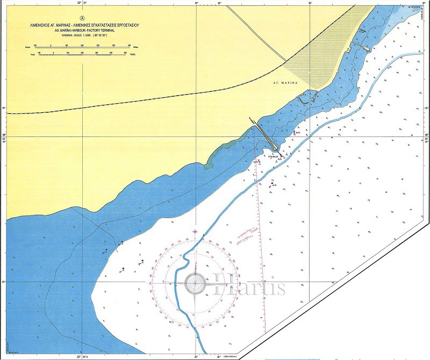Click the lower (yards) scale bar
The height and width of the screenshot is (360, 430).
coord(81,54)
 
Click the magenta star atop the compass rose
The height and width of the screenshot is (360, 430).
coord(195,232)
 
